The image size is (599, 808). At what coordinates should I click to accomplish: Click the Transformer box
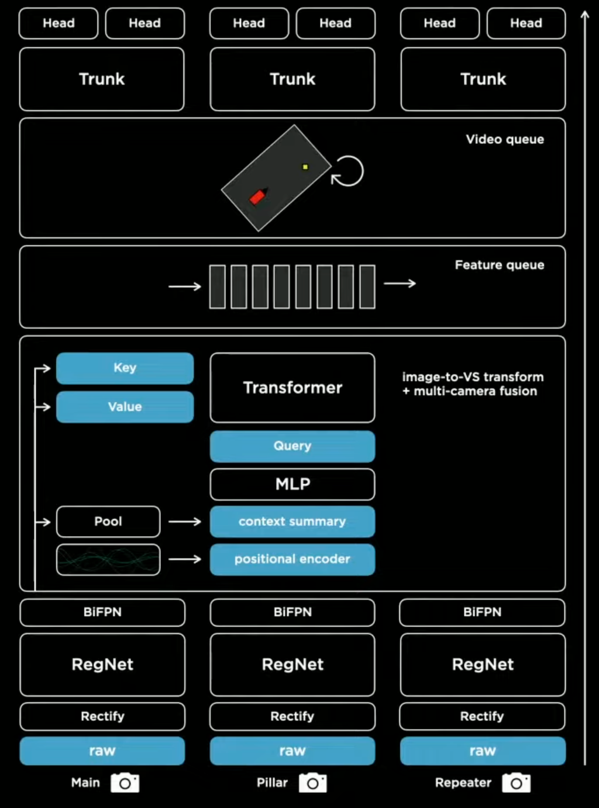pyautogui.click(x=292, y=388)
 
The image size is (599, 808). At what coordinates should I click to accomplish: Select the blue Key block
pyautogui.click(x=125, y=368)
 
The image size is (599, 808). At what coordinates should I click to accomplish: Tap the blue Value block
pyautogui.click(x=125, y=407)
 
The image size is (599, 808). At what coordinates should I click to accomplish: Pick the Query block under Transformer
pyautogui.click(x=292, y=446)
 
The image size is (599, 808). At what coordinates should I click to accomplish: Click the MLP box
pyautogui.click(x=292, y=484)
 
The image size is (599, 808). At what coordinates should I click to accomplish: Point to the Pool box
pyautogui.click(x=108, y=522)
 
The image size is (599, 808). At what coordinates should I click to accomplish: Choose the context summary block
pyautogui.click(x=292, y=522)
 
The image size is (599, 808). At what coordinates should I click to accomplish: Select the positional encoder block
pyautogui.click(x=292, y=560)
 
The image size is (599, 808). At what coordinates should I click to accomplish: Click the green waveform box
pyautogui.click(x=108, y=560)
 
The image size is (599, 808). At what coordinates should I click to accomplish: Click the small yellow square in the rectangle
pyautogui.click(x=305, y=167)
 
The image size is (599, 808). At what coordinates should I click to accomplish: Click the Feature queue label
pyautogui.click(x=500, y=265)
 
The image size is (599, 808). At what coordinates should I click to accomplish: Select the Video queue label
pyautogui.click(x=505, y=139)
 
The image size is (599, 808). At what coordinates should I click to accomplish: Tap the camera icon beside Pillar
pyautogui.click(x=313, y=783)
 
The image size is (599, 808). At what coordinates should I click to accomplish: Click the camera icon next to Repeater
pyautogui.click(x=516, y=783)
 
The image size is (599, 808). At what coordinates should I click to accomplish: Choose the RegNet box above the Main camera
pyautogui.click(x=102, y=664)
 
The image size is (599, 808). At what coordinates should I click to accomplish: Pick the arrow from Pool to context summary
pyautogui.click(x=185, y=522)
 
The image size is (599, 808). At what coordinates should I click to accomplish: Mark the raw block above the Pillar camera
pyautogui.click(x=292, y=751)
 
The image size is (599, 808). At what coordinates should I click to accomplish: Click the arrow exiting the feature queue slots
pyautogui.click(x=400, y=284)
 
